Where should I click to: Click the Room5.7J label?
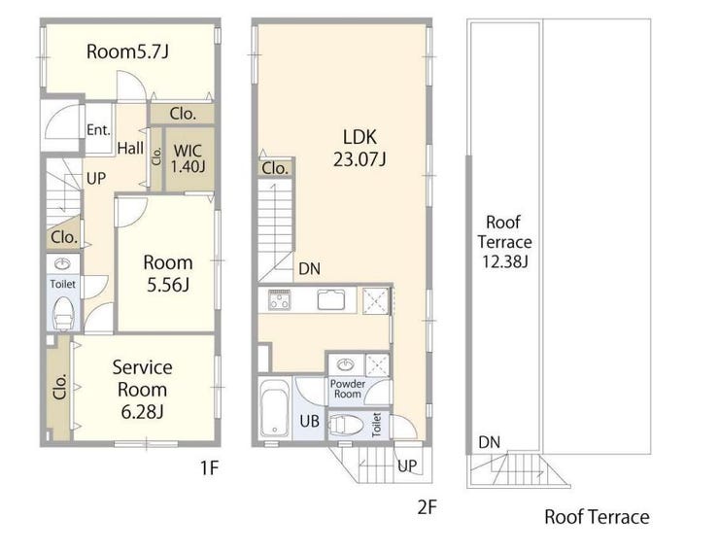pyautogui.click(x=127, y=52)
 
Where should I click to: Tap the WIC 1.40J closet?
pyautogui.click(x=188, y=158)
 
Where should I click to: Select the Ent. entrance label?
pyautogui.click(x=98, y=130)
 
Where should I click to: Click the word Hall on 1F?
pyautogui.click(x=130, y=148)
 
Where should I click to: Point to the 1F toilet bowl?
pyautogui.click(x=63, y=314)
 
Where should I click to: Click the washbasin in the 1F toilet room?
pyautogui.click(x=62, y=263)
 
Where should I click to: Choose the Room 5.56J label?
pyautogui.click(x=168, y=274)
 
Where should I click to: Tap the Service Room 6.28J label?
pyautogui.click(x=142, y=390)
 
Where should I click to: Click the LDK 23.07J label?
pyautogui.click(x=359, y=148)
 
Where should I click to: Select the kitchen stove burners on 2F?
pyautogui.click(x=279, y=300)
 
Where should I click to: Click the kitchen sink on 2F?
pyautogui.click(x=330, y=299)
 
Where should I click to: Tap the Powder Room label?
pyautogui.click(x=348, y=389)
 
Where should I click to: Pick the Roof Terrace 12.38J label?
pyautogui.click(x=504, y=242)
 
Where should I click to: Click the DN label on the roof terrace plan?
pyautogui.click(x=490, y=442)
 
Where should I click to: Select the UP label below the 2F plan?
pyautogui.click(x=407, y=466)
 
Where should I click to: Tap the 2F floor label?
pyautogui.click(x=427, y=507)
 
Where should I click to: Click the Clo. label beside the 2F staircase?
pyautogui.click(x=275, y=168)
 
